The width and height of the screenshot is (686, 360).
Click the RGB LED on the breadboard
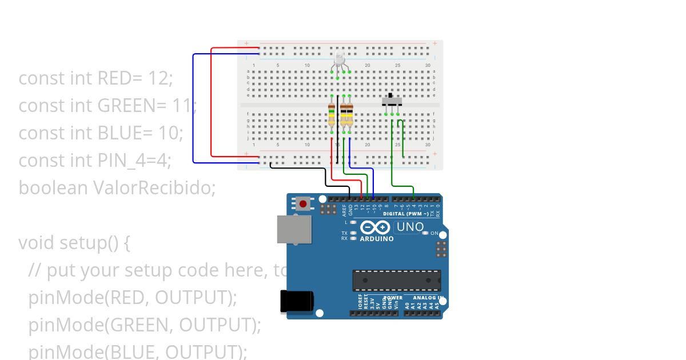(x=339, y=59)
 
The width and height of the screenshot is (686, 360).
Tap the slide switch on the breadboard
(x=392, y=102)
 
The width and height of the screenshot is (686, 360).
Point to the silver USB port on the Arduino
(x=294, y=229)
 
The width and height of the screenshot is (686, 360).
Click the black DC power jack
(x=296, y=301)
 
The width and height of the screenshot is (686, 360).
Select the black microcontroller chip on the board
(x=396, y=281)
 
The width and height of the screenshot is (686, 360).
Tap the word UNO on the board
(x=410, y=227)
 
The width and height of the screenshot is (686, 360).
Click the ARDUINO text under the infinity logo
(x=376, y=239)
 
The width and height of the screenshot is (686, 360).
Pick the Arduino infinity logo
(x=376, y=227)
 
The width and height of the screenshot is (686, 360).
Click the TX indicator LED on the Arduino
(x=353, y=233)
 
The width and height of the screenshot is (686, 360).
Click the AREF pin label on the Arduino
(x=344, y=209)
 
